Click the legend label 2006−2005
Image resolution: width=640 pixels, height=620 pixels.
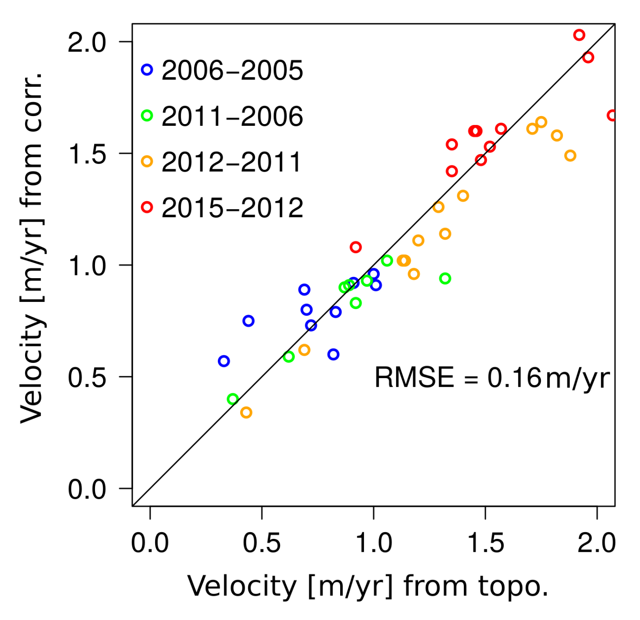pyautogui.click(x=232, y=70)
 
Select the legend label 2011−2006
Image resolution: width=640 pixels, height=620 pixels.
pyautogui.click(x=232, y=116)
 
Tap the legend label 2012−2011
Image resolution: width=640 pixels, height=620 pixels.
pyautogui.click(x=232, y=162)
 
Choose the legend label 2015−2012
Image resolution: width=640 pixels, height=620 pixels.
pyautogui.click(x=232, y=208)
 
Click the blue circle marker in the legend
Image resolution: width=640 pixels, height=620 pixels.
pyautogui.click(x=147, y=70)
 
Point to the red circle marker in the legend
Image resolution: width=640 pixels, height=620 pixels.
pyautogui.click(x=147, y=207)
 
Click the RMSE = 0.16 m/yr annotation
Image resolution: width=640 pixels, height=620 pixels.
pyautogui.click(x=492, y=378)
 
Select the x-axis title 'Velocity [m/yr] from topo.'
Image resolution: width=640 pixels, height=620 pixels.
pyautogui.click(x=368, y=586)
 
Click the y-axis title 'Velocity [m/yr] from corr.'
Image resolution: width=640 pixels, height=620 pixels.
pyautogui.click(x=31, y=246)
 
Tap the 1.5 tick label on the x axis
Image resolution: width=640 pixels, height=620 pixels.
pyautogui.click(x=485, y=543)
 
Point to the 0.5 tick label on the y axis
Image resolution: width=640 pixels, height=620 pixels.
pyautogui.click(x=87, y=377)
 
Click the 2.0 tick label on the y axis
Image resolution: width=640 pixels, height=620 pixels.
pyautogui.click(x=87, y=43)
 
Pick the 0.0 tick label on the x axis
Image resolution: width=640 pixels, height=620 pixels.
pyautogui.click(x=150, y=543)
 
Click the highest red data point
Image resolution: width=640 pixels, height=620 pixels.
pyautogui.click(x=579, y=35)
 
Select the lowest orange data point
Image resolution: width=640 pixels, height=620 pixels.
pyautogui.click(x=246, y=413)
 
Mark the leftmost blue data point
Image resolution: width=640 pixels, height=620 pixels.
pyautogui.click(x=224, y=361)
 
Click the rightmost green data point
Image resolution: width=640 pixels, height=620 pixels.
pyautogui.click(x=445, y=279)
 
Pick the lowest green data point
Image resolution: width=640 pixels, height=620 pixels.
pyautogui.click(x=233, y=399)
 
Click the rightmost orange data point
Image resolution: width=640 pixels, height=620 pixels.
pyautogui.click(x=570, y=156)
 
